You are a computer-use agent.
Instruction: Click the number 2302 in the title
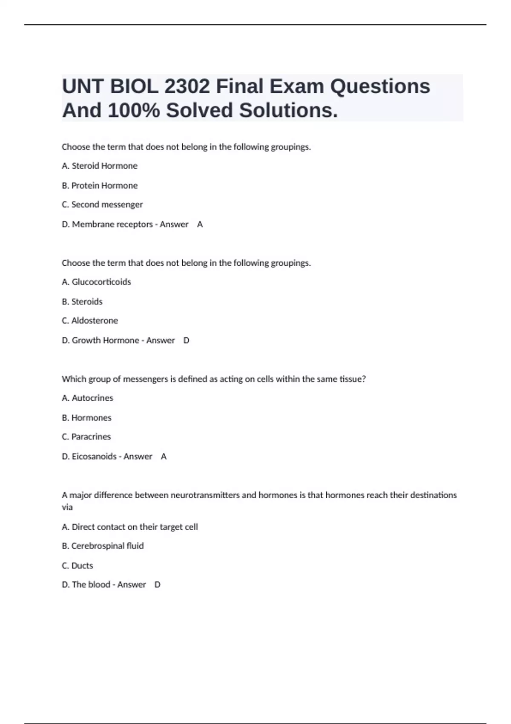[x=187, y=86]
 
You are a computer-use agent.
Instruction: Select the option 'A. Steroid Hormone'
[x=100, y=166]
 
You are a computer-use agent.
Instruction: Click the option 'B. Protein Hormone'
[x=100, y=185]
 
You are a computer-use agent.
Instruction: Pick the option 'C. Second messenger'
[x=102, y=204]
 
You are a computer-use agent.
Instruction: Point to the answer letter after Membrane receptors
[x=200, y=224]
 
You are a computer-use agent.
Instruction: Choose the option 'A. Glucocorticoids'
[x=96, y=282]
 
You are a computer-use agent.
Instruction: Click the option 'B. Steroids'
[x=82, y=302]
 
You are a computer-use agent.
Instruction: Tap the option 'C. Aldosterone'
[x=90, y=321]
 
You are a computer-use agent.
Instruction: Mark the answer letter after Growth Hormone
[x=186, y=340]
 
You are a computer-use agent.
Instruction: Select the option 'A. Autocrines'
[x=87, y=398]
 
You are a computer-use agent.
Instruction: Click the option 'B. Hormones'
[x=86, y=418]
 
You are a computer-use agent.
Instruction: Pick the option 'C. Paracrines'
[x=86, y=437]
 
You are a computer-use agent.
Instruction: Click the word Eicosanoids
[x=94, y=457]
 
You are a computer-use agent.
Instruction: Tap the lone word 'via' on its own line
[x=67, y=507]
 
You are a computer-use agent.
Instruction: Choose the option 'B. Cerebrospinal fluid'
[x=103, y=546]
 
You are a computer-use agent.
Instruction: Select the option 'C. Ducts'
[x=78, y=566]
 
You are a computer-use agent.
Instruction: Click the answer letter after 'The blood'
[x=157, y=585]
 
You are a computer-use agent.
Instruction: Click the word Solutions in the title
[x=288, y=110]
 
